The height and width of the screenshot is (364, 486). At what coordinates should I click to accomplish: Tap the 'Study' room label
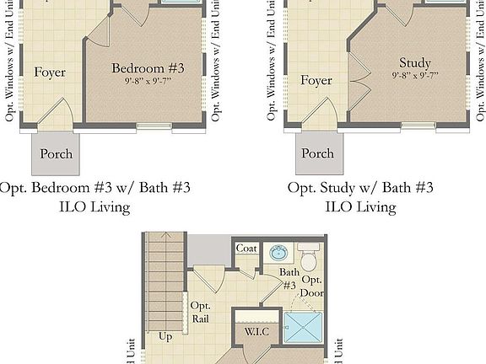pos(414,63)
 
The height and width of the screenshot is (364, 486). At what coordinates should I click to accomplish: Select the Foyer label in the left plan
pos(50,72)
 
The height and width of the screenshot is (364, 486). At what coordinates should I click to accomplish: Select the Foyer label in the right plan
pos(316,81)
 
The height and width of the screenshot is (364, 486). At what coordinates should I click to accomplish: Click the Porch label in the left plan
pos(56,154)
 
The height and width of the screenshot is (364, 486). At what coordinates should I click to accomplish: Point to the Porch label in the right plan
pos(317,154)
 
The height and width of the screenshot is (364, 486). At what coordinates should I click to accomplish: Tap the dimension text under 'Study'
pos(414,76)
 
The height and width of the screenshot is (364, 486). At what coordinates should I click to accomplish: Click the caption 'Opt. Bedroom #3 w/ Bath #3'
pos(95,187)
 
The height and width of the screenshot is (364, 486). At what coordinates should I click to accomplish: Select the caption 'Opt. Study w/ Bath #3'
pos(360,187)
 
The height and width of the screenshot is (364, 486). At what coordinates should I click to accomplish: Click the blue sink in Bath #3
pos(278,251)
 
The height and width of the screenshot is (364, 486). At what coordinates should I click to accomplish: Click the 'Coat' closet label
pos(246,249)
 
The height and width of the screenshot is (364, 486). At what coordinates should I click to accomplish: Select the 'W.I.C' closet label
pos(256,331)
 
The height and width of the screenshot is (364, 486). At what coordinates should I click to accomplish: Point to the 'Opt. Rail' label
pos(200,312)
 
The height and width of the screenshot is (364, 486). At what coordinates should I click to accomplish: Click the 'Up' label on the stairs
pos(165,336)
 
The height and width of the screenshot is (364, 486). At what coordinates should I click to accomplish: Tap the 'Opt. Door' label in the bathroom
pos(312,286)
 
